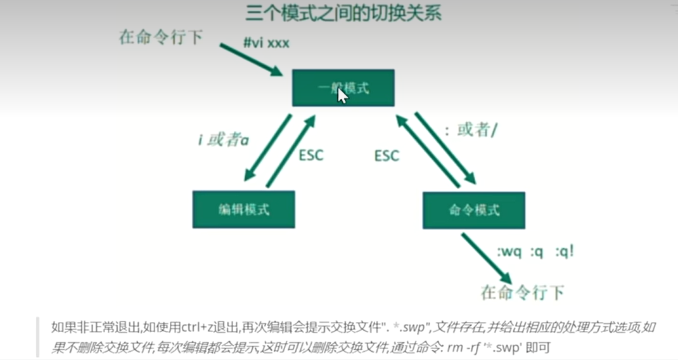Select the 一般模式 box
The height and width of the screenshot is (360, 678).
(x=343, y=88)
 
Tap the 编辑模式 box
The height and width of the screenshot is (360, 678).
(x=243, y=209)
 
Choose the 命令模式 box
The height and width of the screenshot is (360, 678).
(x=474, y=209)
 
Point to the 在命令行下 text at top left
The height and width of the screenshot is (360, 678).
(x=161, y=37)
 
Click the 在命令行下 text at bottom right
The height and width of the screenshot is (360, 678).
(x=522, y=292)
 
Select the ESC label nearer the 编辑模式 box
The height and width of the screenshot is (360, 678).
(x=310, y=155)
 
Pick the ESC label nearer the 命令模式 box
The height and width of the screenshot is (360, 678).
(x=387, y=155)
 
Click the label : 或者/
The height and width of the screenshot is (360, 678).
(x=470, y=131)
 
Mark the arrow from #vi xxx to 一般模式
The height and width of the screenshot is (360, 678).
(x=252, y=60)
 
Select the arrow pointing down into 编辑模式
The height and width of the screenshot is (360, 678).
(x=268, y=148)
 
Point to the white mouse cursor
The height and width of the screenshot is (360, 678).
(x=343, y=96)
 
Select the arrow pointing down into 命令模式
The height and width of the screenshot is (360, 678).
(x=445, y=146)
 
